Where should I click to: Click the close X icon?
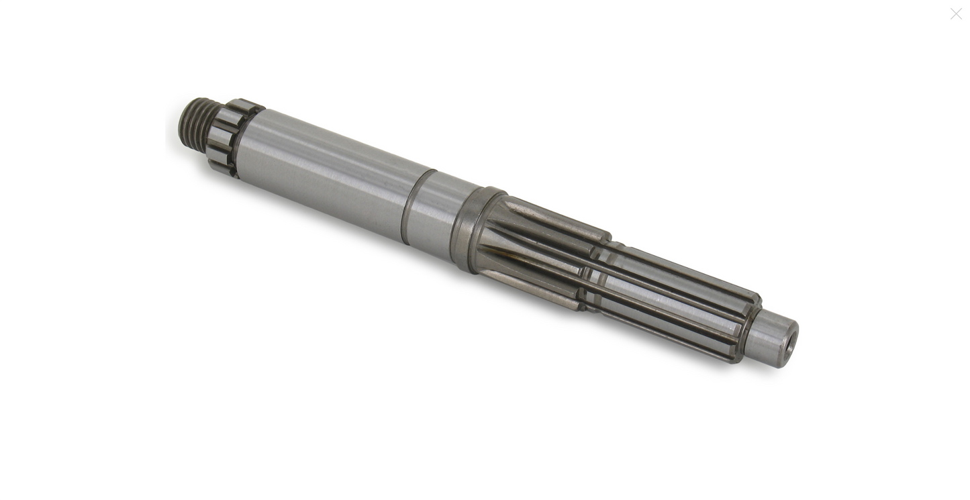coord(956,13)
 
